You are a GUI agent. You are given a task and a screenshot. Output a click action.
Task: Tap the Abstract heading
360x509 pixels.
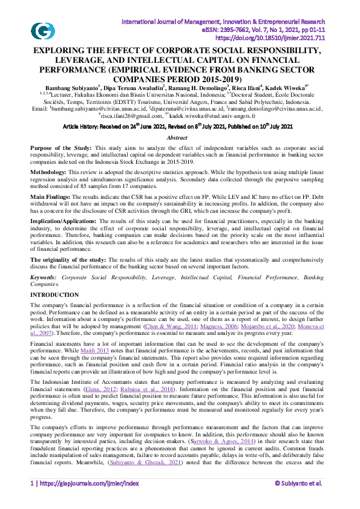point(180,138)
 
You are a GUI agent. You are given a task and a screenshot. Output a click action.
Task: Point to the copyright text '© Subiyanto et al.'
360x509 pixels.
point(298,500)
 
